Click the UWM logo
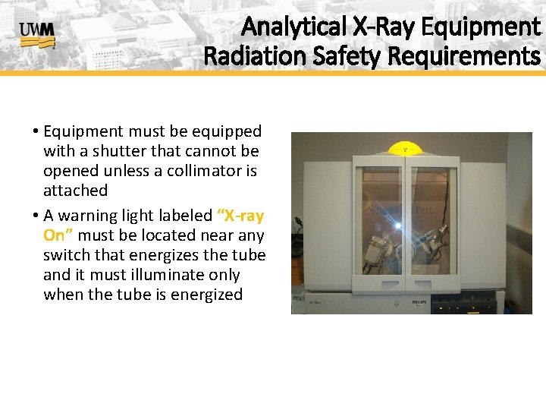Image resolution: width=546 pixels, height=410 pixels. (36, 34)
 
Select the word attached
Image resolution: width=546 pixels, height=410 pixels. (76, 191)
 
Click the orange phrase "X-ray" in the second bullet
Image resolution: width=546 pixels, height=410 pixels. (240, 216)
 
